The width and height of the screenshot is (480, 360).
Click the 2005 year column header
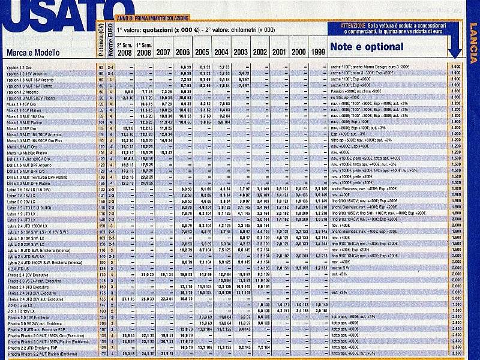click(x=202, y=52)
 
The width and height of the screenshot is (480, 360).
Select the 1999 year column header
click(x=318, y=52)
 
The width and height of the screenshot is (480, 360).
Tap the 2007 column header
click(x=163, y=52)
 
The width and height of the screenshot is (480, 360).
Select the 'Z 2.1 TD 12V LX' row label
click(x=22, y=311)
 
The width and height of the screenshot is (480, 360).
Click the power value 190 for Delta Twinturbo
click(x=101, y=177)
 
